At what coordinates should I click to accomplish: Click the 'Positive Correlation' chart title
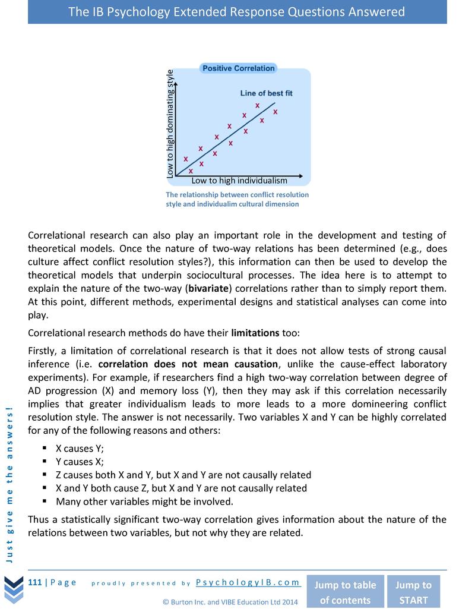coord(239,68)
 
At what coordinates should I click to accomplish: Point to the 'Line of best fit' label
coord(266,93)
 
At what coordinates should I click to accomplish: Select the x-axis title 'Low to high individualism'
coord(239,181)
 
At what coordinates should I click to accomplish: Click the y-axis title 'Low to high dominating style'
coord(170,124)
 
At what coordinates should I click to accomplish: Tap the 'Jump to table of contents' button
coord(344,592)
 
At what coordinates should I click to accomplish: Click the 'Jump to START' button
coord(413,592)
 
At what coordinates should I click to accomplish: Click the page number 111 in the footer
coord(34,582)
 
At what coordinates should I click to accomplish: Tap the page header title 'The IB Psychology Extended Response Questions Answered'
coord(237,12)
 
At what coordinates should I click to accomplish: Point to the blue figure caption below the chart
coord(237,199)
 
